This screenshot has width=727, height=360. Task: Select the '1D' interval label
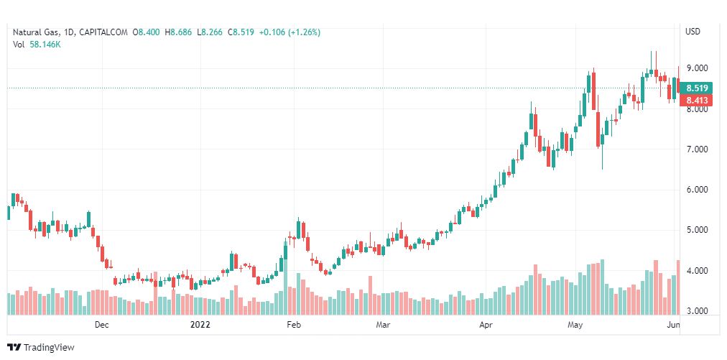click(x=69, y=32)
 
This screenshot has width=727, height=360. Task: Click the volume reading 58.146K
click(x=45, y=45)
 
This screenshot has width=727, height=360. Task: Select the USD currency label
click(x=693, y=32)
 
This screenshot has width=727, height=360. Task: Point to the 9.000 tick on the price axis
click(x=697, y=68)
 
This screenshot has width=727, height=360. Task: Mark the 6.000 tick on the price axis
click(x=697, y=190)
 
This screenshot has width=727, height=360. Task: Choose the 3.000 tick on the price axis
click(x=697, y=311)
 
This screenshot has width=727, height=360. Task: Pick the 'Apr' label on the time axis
click(x=486, y=325)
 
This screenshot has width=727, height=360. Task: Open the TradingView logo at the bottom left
click(x=42, y=347)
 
